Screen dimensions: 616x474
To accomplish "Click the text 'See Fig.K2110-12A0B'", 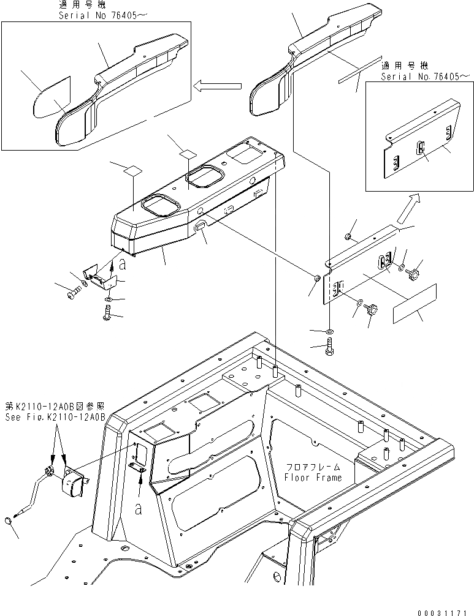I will click(55, 417).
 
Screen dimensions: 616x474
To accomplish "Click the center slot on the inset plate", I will click(420, 148).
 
